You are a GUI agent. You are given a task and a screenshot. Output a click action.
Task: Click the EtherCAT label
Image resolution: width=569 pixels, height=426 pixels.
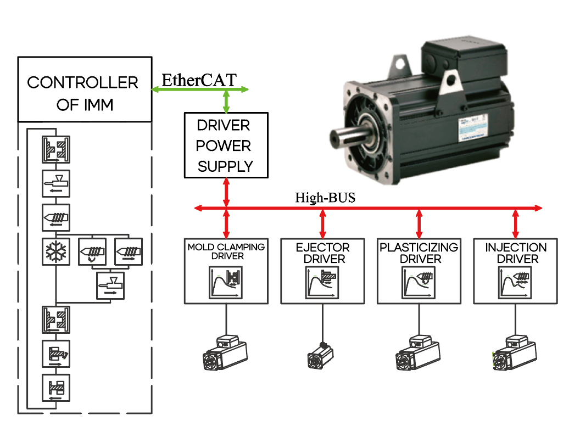coord(199,80)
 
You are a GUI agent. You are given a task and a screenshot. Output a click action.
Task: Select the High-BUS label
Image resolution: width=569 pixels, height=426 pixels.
coord(325,198)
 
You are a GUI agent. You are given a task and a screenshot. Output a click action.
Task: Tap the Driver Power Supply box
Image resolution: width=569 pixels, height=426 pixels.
coord(226,145)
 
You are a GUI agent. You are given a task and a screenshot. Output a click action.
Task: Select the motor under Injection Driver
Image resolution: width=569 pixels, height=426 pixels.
coord(514,352)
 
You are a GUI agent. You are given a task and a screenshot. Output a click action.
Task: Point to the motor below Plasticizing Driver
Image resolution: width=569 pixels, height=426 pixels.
coord(419,352)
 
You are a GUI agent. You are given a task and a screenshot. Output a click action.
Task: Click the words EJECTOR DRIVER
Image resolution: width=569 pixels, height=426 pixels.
coord(322,253)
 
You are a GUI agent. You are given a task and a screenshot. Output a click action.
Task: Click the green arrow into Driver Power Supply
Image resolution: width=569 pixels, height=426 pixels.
coord(226,102)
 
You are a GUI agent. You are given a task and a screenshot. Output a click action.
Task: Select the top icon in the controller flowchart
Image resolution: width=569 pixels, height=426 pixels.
coord(56,149)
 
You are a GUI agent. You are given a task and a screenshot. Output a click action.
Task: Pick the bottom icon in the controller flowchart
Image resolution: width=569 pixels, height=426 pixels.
coord(56,389)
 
